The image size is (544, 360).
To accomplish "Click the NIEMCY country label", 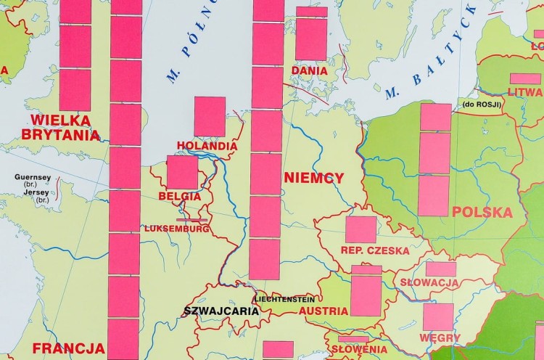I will (x=314, y=178).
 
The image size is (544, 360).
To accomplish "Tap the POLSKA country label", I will (x=482, y=212).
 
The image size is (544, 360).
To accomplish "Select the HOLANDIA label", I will (x=207, y=146).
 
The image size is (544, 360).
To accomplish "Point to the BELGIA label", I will (x=179, y=196).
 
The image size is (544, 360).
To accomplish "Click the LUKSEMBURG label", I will (x=177, y=229).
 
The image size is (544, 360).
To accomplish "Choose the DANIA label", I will (x=310, y=70).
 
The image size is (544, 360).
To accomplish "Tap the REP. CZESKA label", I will (x=374, y=250).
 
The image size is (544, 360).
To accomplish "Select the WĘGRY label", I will (x=439, y=338).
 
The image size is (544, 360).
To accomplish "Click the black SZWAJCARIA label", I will (x=221, y=311).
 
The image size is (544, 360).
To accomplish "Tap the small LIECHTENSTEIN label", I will (x=284, y=299).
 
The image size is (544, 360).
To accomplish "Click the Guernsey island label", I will (x=33, y=177).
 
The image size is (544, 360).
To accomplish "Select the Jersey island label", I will (x=33, y=192).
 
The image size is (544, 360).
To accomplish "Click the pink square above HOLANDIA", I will (x=210, y=116).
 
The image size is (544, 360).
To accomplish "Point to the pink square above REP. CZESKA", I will (x=360, y=229).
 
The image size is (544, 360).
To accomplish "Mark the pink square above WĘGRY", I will (x=438, y=317).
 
